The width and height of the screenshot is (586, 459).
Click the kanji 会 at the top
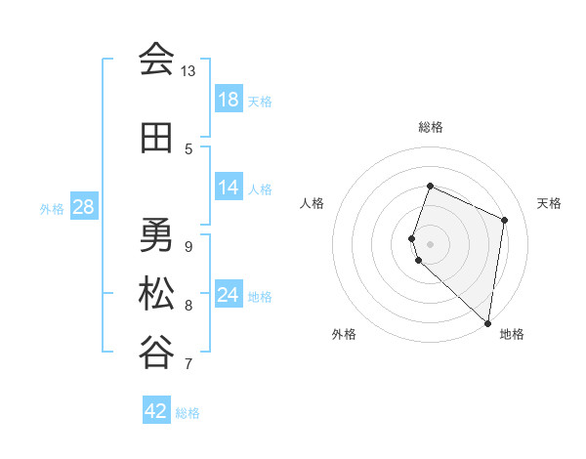coord(156,60)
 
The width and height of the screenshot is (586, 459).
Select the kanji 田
coord(156,140)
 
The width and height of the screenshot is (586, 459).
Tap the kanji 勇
coord(156,235)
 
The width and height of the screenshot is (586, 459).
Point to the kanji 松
coord(156,295)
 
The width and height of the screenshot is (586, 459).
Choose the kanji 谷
coord(156,353)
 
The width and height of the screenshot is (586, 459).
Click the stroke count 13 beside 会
coord(188,71)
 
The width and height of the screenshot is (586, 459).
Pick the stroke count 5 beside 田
coord(188,149)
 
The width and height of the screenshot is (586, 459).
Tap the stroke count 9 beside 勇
coord(188,245)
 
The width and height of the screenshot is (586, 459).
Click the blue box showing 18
coord(229,100)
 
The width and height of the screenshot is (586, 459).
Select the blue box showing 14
coord(229,188)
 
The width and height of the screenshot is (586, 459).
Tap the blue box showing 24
coord(229,295)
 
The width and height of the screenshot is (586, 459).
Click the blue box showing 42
coord(156,411)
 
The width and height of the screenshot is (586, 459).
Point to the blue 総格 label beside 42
coord(188,413)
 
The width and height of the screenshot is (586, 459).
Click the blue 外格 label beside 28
coord(52,208)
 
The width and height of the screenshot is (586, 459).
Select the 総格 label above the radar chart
coord(431,127)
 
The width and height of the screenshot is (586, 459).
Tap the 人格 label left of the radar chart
coord(313,203)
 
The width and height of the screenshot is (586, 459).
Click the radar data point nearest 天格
coord(505,220)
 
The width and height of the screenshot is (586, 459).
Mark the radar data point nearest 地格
coord(488,323)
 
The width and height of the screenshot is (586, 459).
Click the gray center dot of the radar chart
coord(431,243)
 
